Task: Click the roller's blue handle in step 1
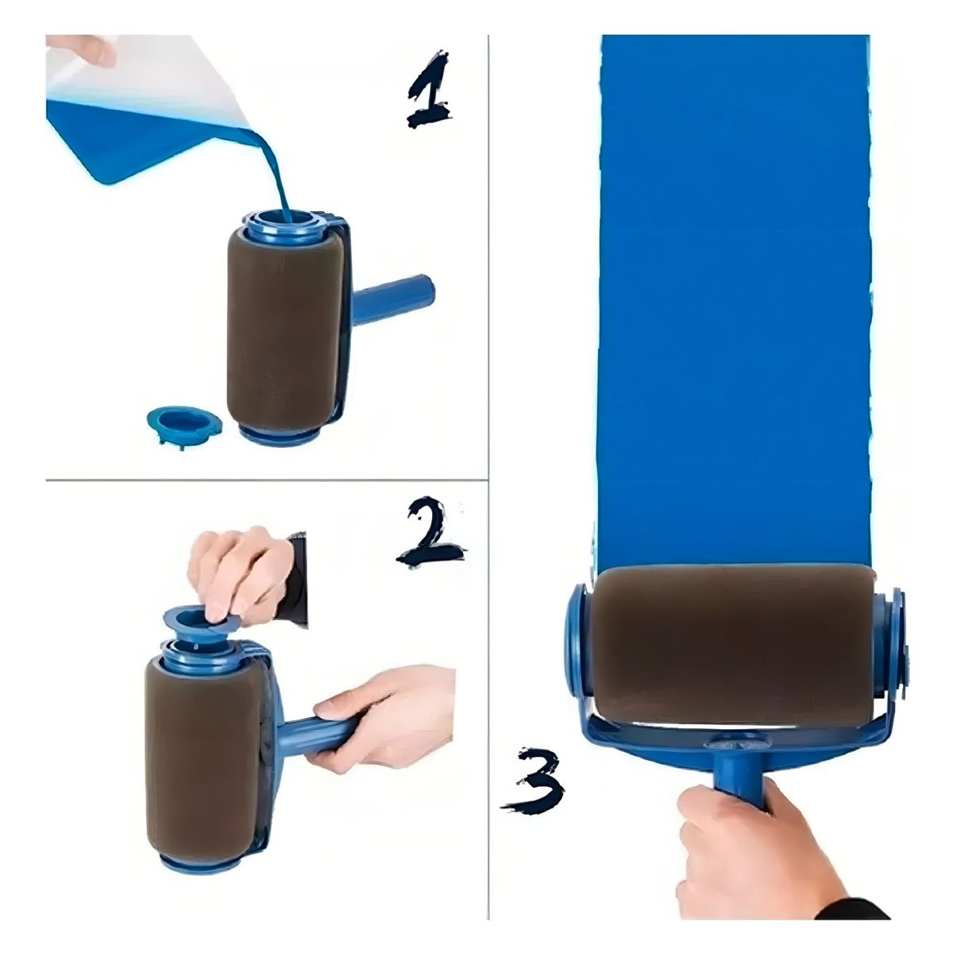[393, 299]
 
